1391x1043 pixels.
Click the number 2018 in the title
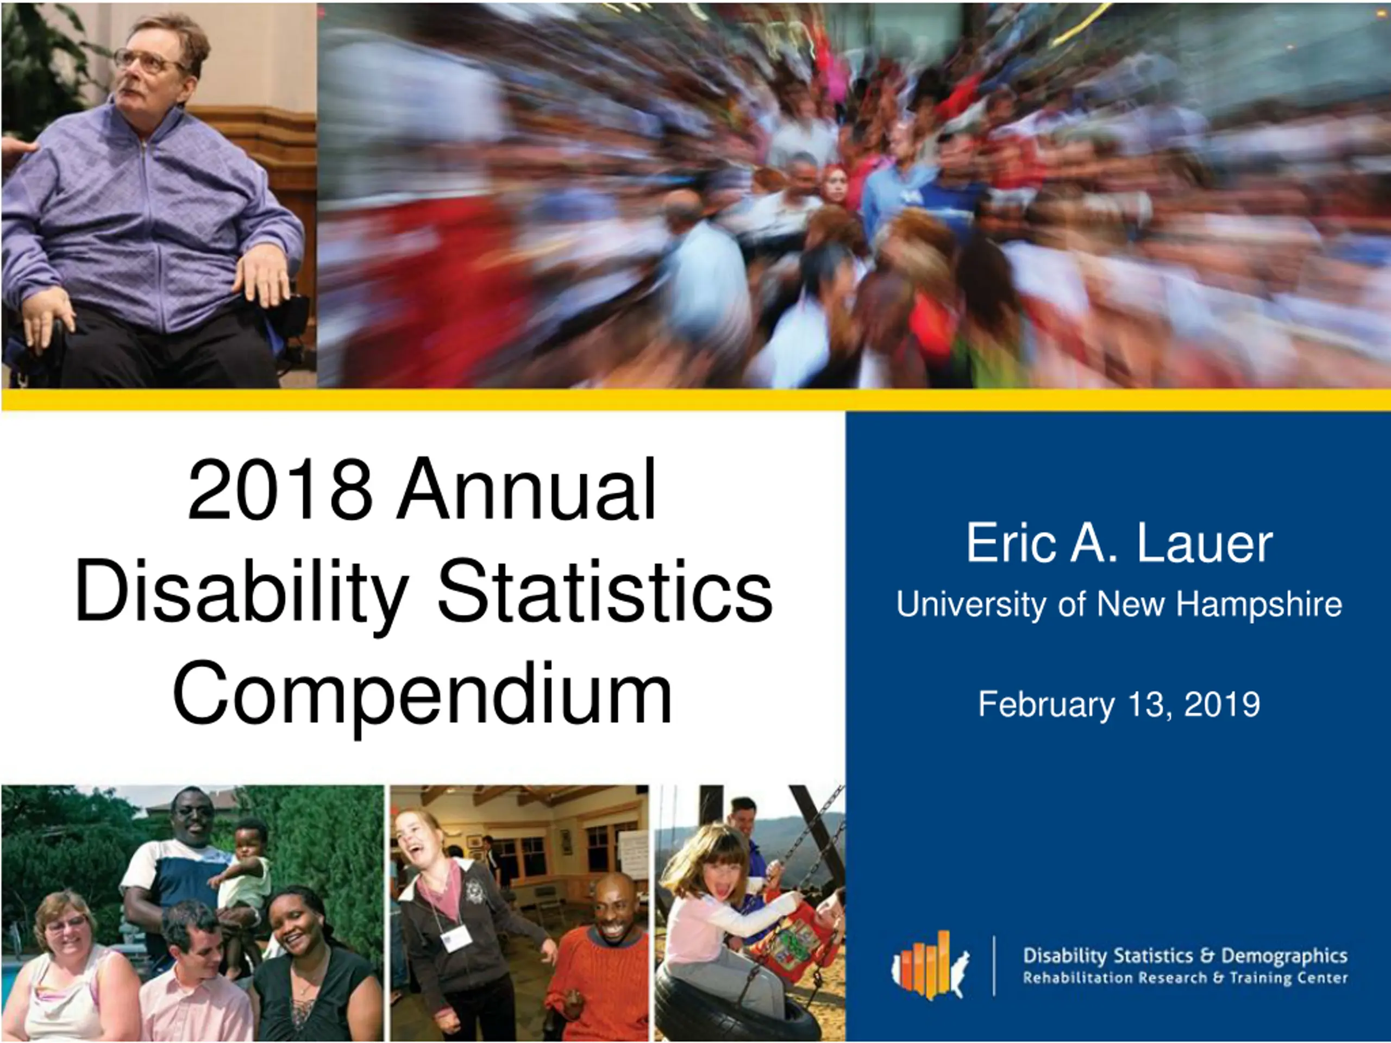(280, 489)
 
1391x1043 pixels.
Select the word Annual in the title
(527, 489)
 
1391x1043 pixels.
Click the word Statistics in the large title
(604, 591)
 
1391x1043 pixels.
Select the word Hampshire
(1259, 604)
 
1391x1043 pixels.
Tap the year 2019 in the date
(1222, 703)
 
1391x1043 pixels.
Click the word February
(1047, 705)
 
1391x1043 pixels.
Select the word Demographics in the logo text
(1284, 956)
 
